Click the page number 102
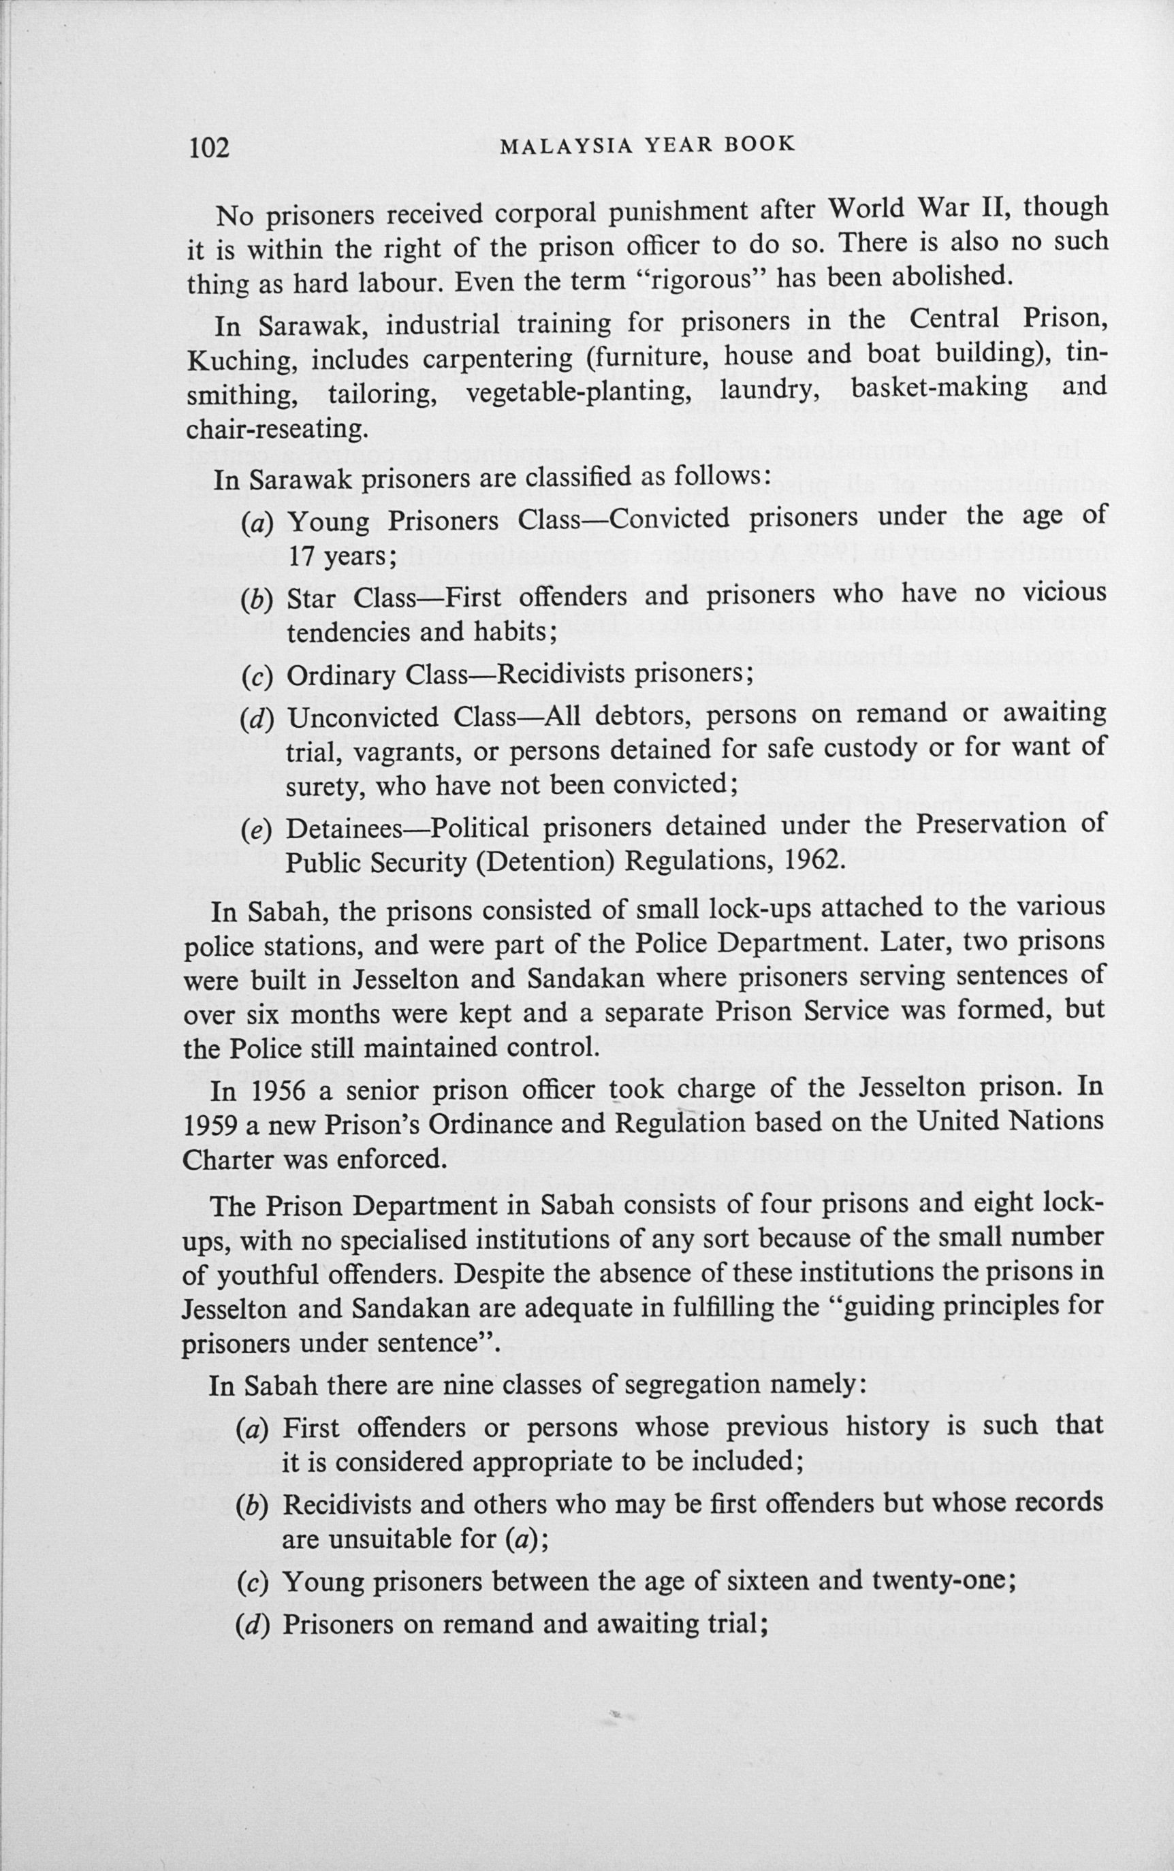[209, 146]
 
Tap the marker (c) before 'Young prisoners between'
[251, 1582]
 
